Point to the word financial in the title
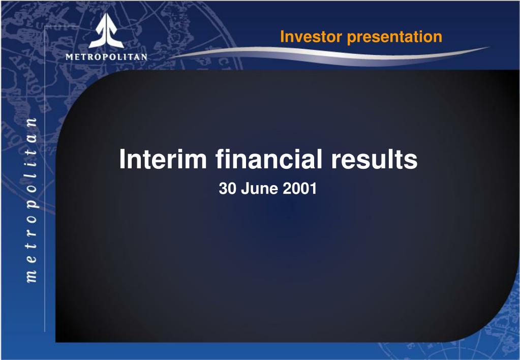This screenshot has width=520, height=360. (x=268, y=159)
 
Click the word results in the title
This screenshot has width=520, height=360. (x=375, y=159)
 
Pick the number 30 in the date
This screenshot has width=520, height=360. (x=226, y=189)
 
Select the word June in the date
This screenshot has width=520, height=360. (x=254, y=189)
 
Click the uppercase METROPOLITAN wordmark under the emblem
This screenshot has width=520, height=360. (x=106, y=56)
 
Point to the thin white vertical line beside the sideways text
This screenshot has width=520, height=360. (x=45, y=178)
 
